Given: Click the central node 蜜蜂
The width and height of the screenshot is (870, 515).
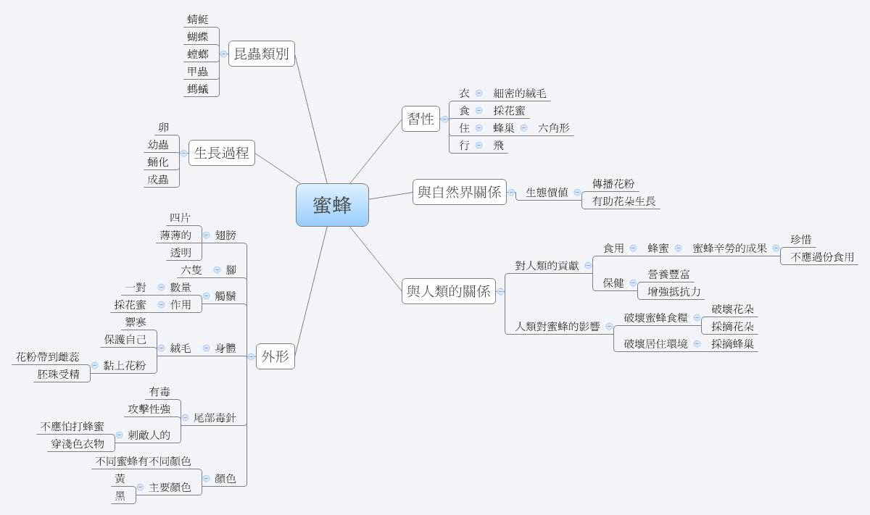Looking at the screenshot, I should click(x=332, y=205).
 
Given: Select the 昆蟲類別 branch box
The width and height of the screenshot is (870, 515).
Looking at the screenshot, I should click(x=262, y=54).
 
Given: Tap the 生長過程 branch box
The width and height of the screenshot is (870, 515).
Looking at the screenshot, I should click(x=222, y=153).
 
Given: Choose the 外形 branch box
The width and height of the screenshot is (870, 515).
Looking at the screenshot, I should click(x=275, y=356).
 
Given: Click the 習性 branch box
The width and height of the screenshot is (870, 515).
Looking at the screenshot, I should click(x=421, y=119).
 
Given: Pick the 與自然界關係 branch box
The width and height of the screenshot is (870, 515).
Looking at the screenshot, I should click(x=459, y=193).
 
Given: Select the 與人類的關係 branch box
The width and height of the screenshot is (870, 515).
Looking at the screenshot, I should click(x=449, y=291).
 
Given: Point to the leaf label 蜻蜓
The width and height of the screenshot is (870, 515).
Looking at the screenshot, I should click(x=197, y=20).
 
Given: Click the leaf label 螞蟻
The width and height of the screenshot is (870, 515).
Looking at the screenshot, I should click(x=197, y=89).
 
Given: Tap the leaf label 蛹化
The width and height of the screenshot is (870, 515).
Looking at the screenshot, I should click(x=158, y=162).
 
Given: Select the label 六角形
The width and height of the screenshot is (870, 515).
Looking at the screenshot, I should click(x=554, y=128).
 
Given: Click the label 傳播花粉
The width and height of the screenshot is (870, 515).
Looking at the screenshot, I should click(x=613, y=184).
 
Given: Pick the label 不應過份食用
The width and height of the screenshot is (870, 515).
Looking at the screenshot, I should click(x=822, y=257).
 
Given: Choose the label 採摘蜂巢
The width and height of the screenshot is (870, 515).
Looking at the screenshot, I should click(x=732, y=343).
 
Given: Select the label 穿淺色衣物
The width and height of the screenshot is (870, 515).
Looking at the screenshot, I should click(x=78, y=444).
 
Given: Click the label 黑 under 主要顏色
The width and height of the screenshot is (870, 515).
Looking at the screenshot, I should click(x=120, y=496).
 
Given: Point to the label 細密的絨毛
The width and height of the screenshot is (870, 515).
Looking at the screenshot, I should click(x=520, y=93).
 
